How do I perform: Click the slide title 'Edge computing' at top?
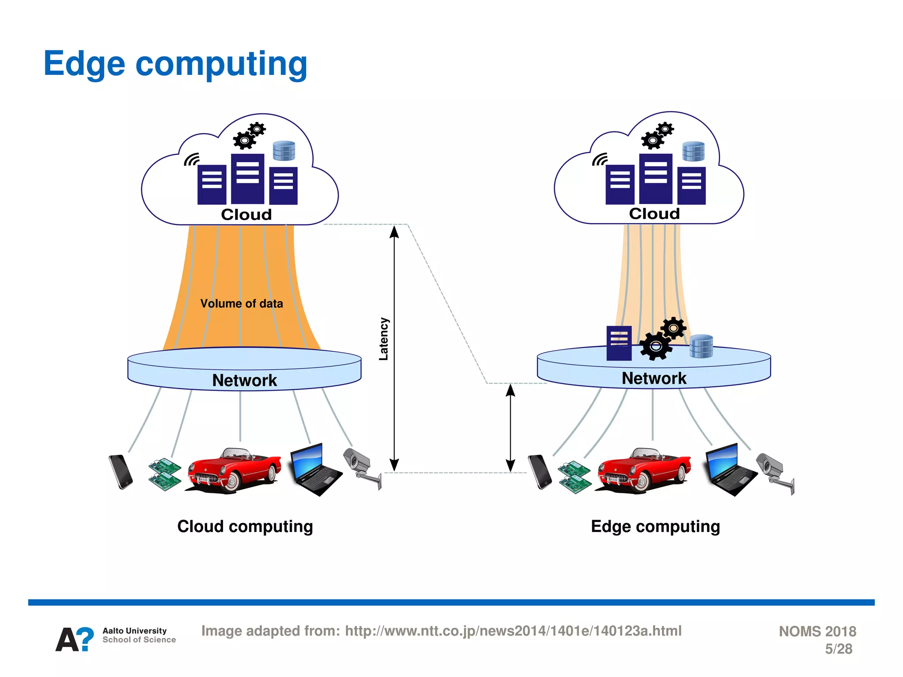pos(175,64)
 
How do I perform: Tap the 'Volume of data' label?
pos(241,304)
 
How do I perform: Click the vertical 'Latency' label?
pos(384,339)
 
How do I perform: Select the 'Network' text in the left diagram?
pos(244,380)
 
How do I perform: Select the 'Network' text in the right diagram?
pos(653,378)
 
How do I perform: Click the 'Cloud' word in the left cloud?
pos(246,215)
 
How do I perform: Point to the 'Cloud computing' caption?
pos(245,526)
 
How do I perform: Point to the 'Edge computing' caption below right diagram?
pos(655,526)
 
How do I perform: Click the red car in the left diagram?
pos(234,470)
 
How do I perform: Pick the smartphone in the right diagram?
pos(540,472)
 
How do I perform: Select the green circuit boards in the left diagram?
pos(164,474)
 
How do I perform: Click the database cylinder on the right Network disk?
pos(701,346)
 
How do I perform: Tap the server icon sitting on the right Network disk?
pos(619,343)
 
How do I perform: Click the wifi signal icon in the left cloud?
pos(192,160)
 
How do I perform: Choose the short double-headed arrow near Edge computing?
pos(510,428)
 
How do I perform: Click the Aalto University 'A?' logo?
pos(75,639)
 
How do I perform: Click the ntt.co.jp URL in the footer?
pos(513,631)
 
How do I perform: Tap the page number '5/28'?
pos(838,649)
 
